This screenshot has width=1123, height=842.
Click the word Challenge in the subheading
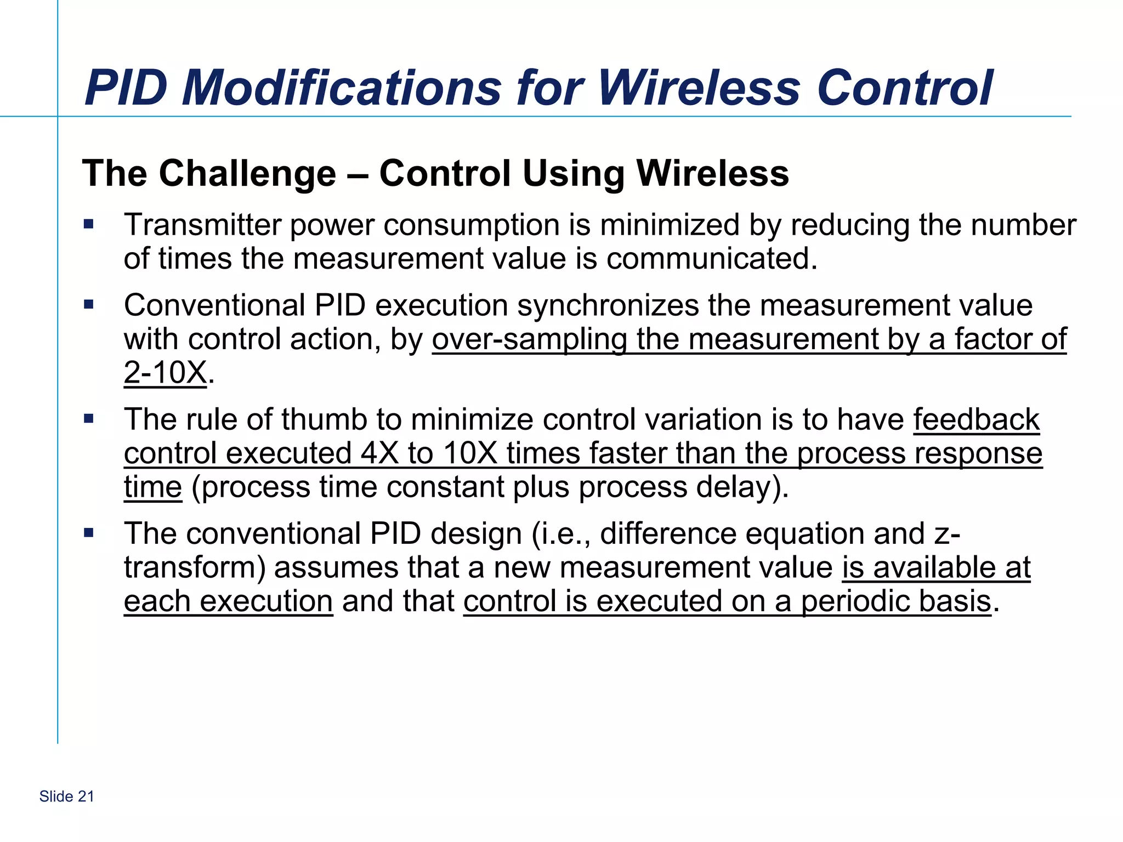(x=247, y=173)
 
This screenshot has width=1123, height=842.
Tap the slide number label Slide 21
(x=66, y=797)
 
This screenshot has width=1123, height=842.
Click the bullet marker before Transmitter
(x=89, y=224)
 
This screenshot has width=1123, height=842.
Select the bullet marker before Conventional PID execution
(x=89, y=304)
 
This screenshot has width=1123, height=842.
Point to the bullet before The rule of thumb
(x=89, y=419)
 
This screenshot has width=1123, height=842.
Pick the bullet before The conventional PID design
(x=89, y=532)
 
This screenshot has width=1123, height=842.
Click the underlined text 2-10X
(x=165, y=373)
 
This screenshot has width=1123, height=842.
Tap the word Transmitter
(x=202, y=225)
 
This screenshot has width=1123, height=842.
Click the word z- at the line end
(x=948, y=533)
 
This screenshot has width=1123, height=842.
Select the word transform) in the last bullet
(x=195, y=567)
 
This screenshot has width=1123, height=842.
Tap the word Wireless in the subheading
(x=712, y=173)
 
